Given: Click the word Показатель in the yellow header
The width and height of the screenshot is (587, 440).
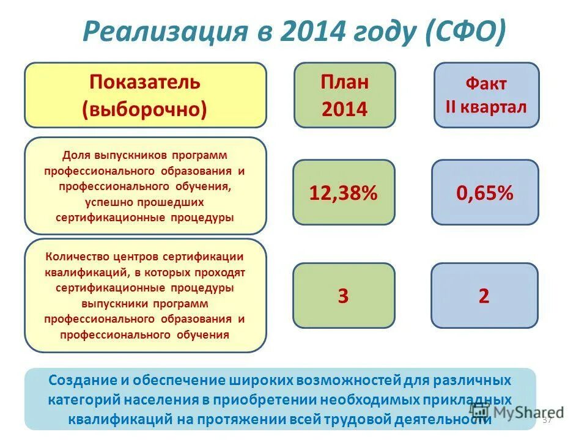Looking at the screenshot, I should click(x=145, y=82).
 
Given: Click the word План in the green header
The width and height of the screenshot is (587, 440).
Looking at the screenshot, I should click(x=345, y=82).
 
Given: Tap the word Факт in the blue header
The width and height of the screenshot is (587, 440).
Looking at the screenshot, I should click(x=486, y=84).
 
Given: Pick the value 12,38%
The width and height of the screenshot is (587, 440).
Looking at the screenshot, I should click(x=344, y=193).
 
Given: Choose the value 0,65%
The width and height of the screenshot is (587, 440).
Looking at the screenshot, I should click(x=485, y=193).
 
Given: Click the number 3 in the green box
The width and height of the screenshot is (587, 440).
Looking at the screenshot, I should click(x=343, y=296).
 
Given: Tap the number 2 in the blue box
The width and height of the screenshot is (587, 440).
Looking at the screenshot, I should click(x=484, y=296).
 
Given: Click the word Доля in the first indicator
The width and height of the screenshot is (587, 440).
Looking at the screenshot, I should click(x=76, y=156).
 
